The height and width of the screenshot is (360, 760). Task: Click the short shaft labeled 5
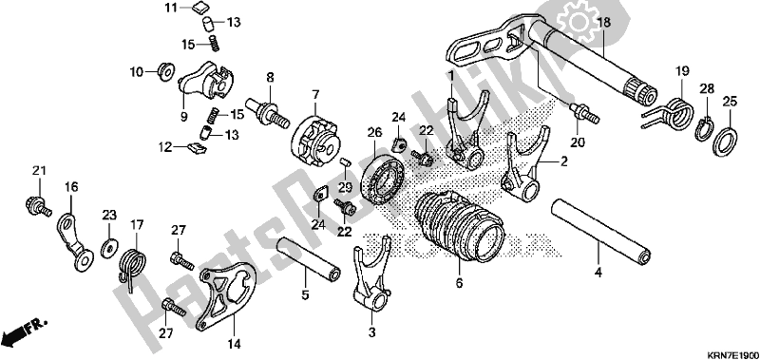tap(307, 257)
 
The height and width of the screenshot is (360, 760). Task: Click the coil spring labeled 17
tap(132, 266)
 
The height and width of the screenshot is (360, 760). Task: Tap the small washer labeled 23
tap(108, 248)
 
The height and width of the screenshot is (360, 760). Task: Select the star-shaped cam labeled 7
tap(315, 133)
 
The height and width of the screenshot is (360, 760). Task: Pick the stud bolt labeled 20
tap(584, 113)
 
